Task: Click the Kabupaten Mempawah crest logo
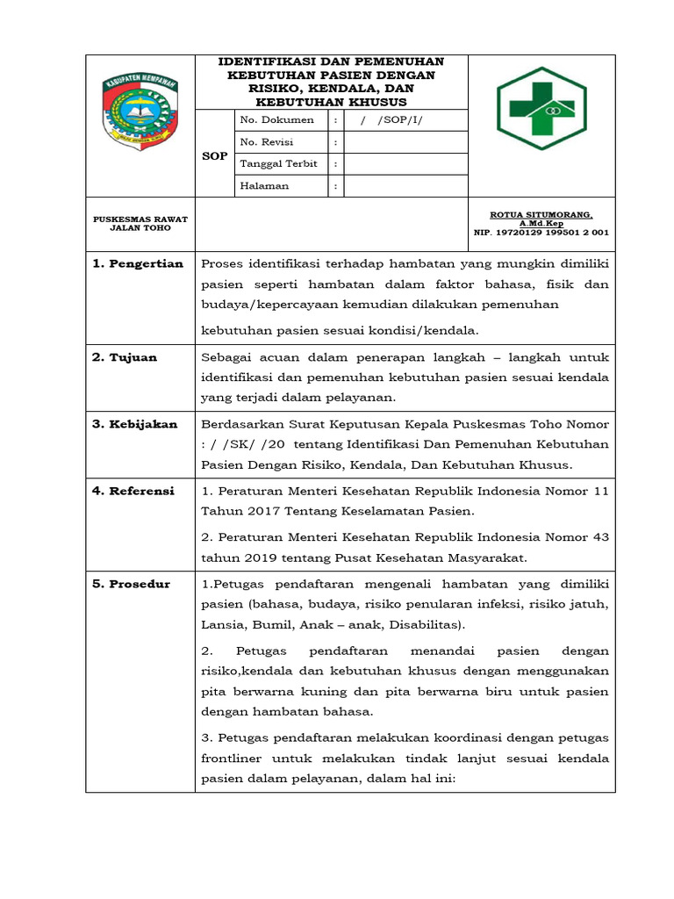click(140, 108)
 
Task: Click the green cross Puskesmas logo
click(541, 110)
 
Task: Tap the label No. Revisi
click(266, 141)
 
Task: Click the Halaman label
click(264, 185)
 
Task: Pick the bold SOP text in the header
click(215, 155)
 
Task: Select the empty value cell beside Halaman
click(405, 185)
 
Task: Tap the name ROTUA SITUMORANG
click(541, 215)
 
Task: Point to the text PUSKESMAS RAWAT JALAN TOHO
click(140, 223)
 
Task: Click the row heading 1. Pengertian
click(138, 263)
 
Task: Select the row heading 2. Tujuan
click(125, 357)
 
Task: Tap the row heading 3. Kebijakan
click(135, 424)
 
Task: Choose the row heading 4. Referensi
click(133, 491)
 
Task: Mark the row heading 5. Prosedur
click(132, 584)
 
